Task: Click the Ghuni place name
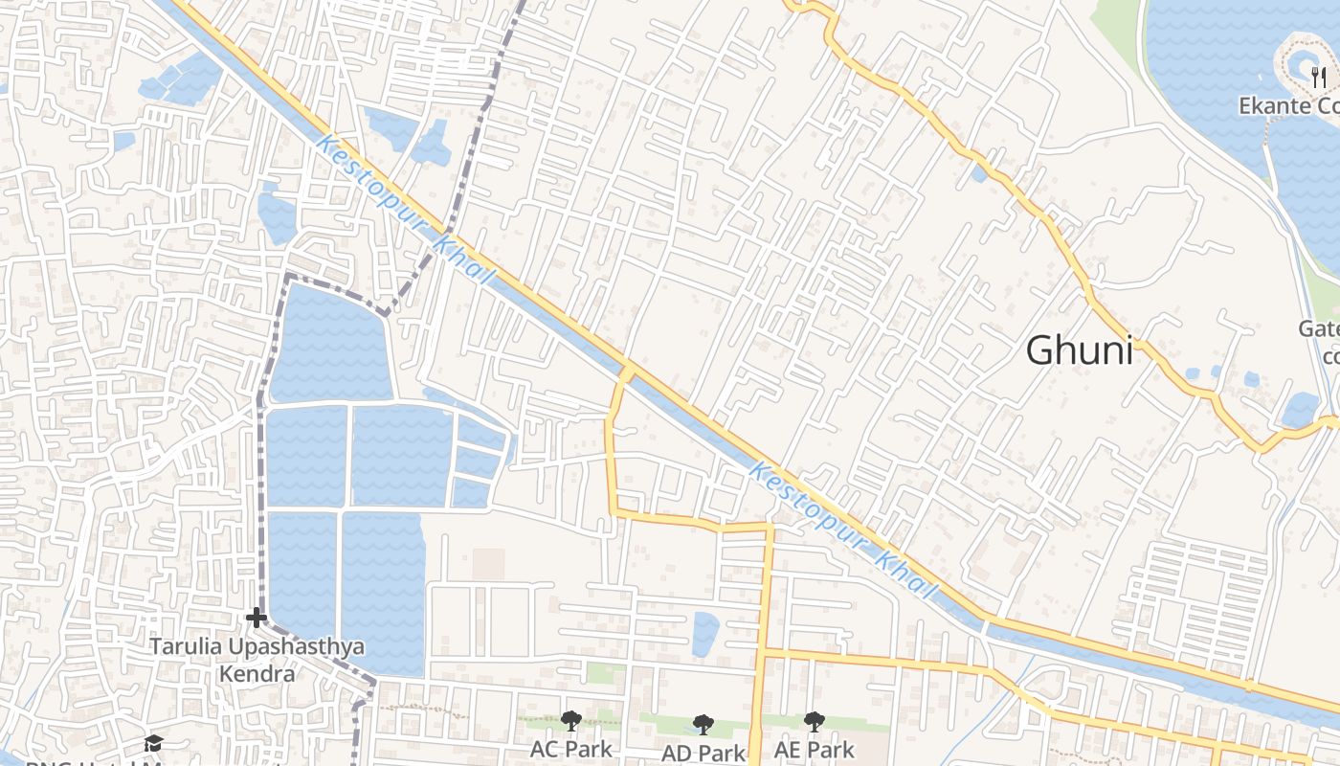(1079, 350)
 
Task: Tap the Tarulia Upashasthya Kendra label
(257, 660)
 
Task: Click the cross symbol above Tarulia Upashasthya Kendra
(257, 618)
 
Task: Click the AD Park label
(703, 753)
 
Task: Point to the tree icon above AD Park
(703, 725)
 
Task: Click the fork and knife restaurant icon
(1319, 78)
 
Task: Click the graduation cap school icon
(153, 743)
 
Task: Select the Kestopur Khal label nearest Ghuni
(839, 531)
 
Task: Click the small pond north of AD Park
(705, 634)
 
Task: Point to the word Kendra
(257, 674)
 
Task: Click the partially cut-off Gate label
(1319, 329)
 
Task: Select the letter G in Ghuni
(1040, 350)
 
